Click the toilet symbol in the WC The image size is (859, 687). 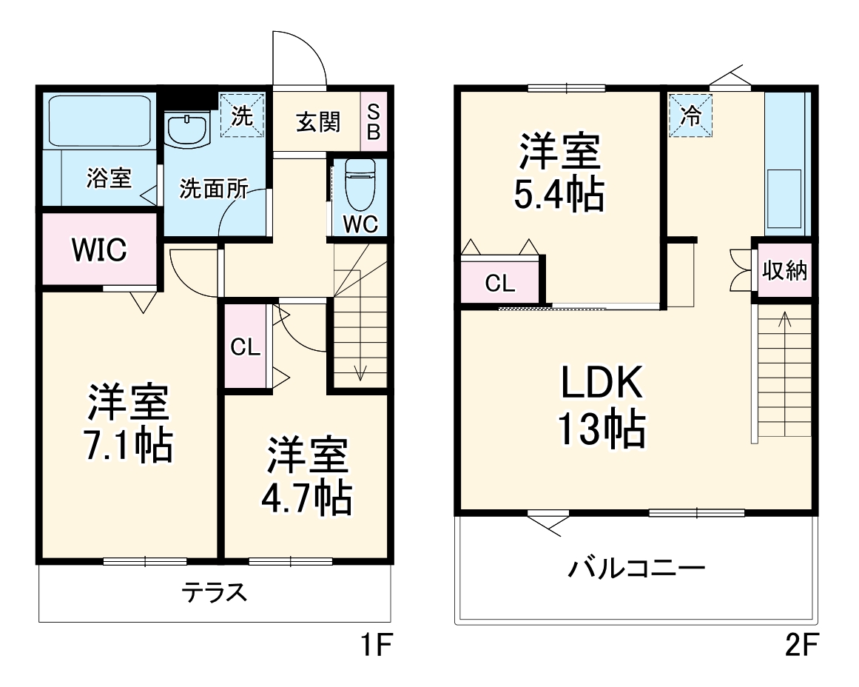360,181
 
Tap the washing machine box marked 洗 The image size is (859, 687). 243,115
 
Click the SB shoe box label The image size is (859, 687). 374,122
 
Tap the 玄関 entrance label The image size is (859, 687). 318,122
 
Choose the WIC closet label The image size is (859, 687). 98,249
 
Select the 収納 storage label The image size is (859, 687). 784,272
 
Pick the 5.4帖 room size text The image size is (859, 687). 559,194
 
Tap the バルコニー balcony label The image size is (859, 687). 636,569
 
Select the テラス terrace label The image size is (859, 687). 214,592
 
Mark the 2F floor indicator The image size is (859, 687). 801,647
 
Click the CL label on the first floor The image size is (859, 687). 245,346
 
